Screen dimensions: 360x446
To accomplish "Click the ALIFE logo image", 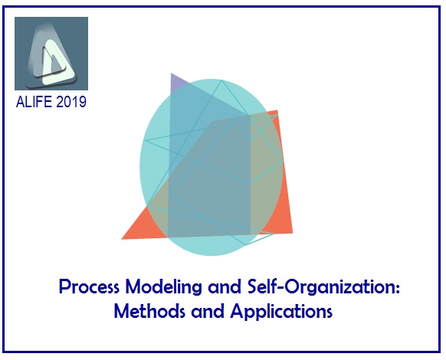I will (51, 53).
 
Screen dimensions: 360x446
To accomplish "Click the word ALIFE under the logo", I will (35, 101).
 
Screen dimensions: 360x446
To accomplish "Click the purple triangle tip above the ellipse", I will (174, 78).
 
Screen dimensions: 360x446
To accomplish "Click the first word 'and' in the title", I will (217, 289).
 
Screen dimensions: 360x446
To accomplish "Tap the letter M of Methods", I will (121, 313).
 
